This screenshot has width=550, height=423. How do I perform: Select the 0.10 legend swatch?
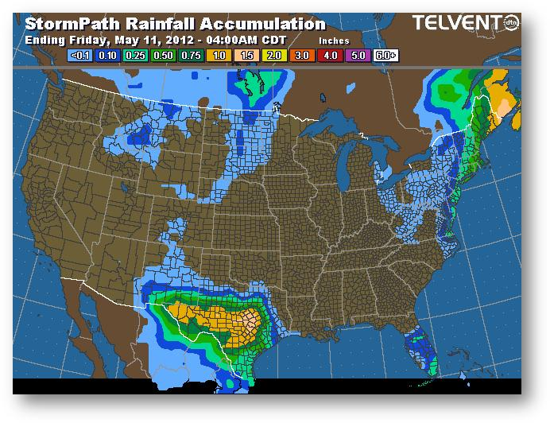tap(107, 56)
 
